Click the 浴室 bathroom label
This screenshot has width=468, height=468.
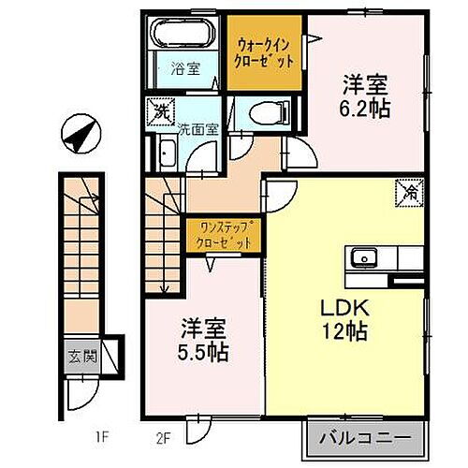pyautogui.click(x=184, y=67)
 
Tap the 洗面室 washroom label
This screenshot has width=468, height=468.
pyautogui.click(x=198, y=129)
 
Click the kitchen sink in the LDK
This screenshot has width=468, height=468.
pyautogui.click(x=362, y=257)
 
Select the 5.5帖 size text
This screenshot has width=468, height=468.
pyautogui.click(x=204, y=355)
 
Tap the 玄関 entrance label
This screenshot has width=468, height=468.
pyautogui.click(x=79, y=356)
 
